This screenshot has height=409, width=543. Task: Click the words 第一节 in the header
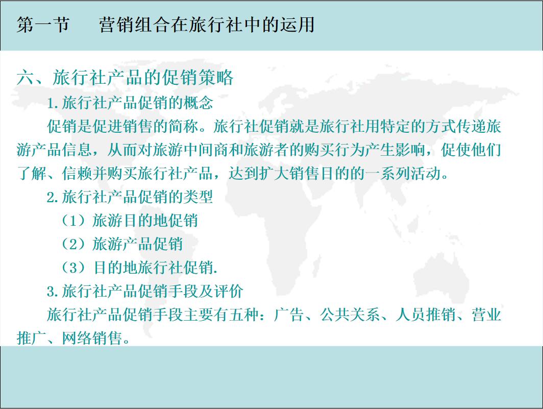[43, 25]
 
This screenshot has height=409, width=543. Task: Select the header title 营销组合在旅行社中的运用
[207, 25]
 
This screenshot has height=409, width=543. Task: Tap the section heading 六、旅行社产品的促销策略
[125, 78]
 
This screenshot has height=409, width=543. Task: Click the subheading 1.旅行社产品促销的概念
[130, 103]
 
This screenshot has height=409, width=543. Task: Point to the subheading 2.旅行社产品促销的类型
[130, 197]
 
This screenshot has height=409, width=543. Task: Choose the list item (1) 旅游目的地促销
[130, 220]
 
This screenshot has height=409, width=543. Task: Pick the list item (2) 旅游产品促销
[122, 244]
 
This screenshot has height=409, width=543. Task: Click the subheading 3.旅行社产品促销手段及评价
[145, 291]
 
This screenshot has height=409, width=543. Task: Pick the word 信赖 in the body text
[77, 174]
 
